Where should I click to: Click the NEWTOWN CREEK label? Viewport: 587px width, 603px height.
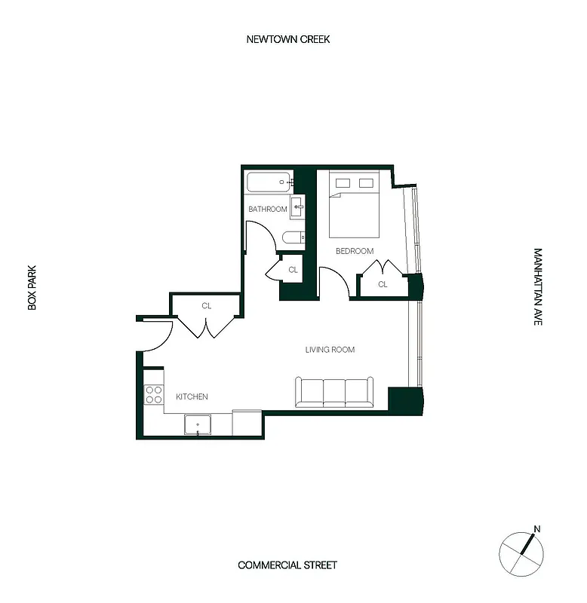(287, 39)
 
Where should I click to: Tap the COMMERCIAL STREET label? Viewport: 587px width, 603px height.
(287, 565)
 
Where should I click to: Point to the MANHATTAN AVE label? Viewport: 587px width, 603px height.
(538, 286)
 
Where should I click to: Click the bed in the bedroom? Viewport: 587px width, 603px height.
(355, 208)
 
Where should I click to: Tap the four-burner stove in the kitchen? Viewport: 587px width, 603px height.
(154, 395)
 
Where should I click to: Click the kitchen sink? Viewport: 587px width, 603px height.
(198, 424)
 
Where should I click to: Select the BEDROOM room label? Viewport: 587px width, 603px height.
(355, 251)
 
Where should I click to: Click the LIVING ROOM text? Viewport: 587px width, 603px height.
(330, 350)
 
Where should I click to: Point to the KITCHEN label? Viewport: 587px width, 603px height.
(192, 396)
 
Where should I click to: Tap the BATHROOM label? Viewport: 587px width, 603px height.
(268, 209)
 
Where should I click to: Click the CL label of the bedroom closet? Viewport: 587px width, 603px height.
(383, 284)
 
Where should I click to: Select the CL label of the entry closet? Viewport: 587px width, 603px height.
(206, 306)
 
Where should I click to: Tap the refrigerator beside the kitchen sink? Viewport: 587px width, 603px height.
(247, 422)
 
